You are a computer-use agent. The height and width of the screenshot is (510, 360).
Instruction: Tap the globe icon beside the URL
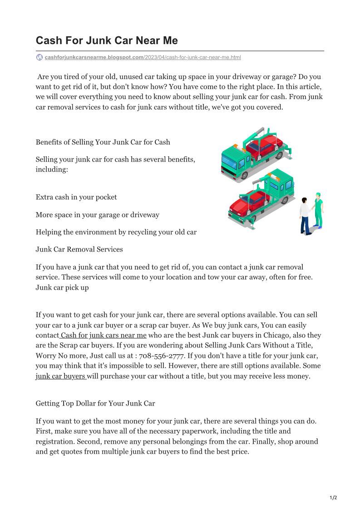[x=39, y=57]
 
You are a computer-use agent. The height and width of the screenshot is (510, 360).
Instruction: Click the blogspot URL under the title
[x=143, y=58]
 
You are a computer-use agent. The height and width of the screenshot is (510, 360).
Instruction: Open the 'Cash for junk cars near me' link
[x=103, y=335]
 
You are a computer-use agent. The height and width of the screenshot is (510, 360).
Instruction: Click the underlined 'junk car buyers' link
[x=61, y=376]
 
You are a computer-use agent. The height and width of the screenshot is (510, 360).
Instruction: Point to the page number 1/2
[x=333, y=498]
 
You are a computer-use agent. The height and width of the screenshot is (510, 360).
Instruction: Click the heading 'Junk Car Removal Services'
[x=79, y=249]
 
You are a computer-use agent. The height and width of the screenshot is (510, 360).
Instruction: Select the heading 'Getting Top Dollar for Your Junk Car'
[x=95, y=403]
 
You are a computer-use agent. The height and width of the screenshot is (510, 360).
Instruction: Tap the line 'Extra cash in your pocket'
[x=76, y=197]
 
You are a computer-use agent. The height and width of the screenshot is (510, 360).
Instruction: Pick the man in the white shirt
[x=305, y=216]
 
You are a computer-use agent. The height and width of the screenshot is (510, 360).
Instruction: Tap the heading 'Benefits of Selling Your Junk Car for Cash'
[x=103, y=142]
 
